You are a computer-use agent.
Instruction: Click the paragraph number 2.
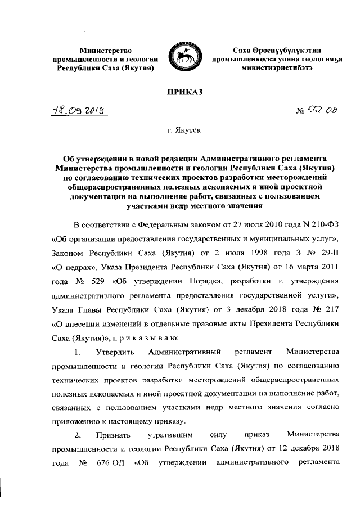coord(77,435)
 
